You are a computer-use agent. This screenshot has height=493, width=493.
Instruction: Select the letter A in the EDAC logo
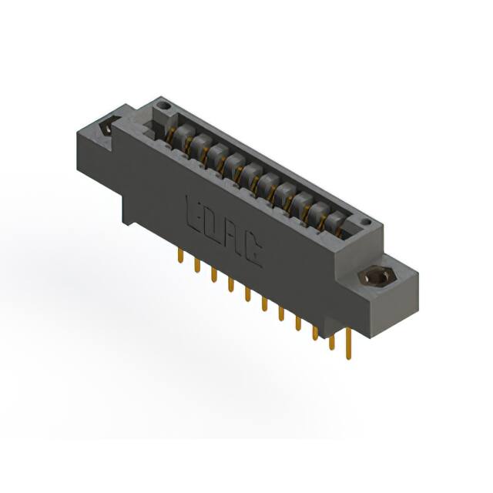[x=233, y=236]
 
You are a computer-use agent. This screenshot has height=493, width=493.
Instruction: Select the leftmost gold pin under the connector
[x=180, y=257]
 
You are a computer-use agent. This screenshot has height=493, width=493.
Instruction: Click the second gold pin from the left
[x=197, y=267]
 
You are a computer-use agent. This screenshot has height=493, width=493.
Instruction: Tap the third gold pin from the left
[x=214, y=277]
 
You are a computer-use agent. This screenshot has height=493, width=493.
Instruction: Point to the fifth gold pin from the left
[x=247, y=296]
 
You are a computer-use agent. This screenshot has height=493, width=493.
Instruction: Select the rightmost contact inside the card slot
[x=334, y=222]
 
